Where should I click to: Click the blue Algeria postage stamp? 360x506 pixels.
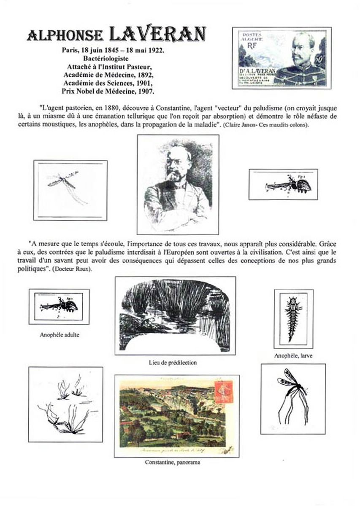(282, 58)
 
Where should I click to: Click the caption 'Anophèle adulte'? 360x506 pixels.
(59, 336)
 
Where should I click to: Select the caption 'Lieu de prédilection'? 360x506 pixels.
(173, 362)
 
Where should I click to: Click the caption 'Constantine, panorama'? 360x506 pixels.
(172, 462)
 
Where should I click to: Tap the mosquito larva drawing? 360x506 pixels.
(293, 318)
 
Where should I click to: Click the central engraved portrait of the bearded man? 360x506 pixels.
(178, 184)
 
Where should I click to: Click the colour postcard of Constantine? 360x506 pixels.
(176, 416)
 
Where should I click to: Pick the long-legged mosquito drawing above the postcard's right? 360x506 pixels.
(293, 398)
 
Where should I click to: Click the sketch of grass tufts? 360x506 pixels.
(65, 404)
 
